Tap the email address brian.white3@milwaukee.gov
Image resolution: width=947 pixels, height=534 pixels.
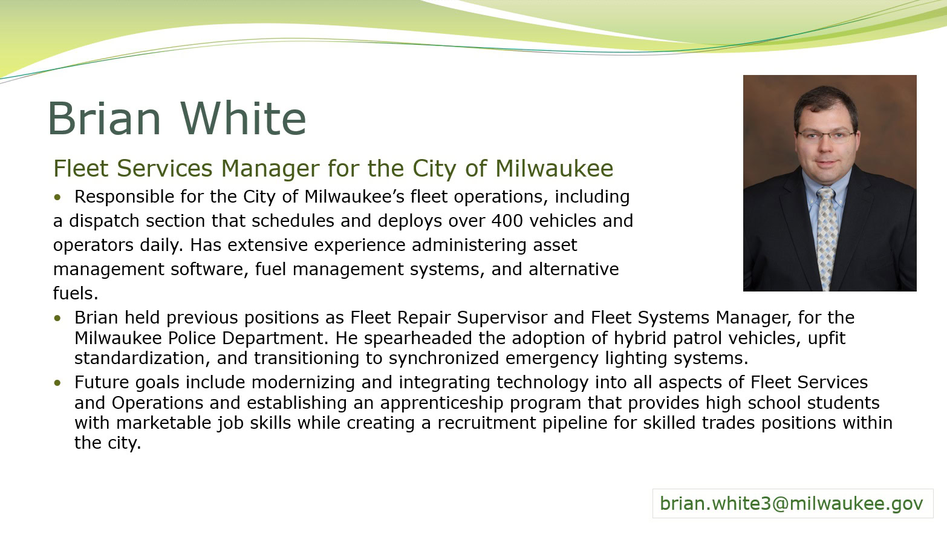coord(792,503)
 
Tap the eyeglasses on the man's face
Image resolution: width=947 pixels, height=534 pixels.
coord(825,135)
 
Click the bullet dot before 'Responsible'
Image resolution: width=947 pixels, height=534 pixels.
coord(57,197)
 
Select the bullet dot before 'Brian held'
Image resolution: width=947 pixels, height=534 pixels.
coord(57,318)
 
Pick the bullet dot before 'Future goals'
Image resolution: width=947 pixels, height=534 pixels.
coord(57,383)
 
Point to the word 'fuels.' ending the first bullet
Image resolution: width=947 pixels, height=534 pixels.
coord(76,293)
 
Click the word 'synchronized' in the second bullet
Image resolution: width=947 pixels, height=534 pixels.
coord(444,359)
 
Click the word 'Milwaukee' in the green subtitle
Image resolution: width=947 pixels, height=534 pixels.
coord(555,168)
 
